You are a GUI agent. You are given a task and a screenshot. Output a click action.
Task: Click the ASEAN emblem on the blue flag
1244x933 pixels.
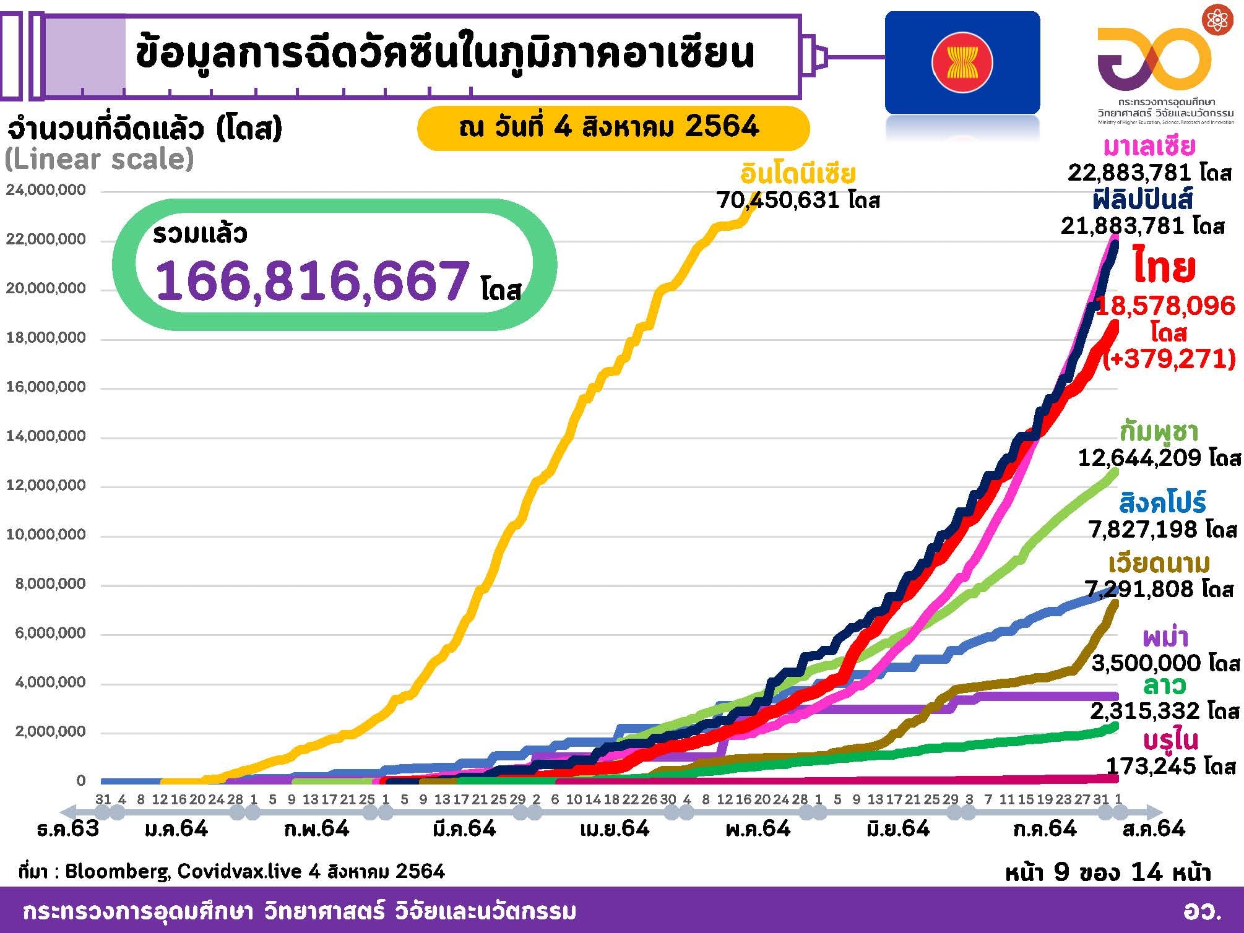click(x=962, y=62)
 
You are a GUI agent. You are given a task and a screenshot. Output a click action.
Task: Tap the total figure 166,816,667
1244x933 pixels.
click(x=313, y=280)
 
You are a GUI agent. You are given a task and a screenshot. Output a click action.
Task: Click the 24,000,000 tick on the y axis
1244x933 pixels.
click(x=46, y=190)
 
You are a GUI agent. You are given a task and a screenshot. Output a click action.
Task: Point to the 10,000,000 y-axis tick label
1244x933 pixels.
click(x=46, y=534)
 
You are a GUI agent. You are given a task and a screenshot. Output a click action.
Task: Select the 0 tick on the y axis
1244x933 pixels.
click(x=80, y=780)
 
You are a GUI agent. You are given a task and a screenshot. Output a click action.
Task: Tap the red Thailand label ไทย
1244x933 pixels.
click(x=1164, y=267)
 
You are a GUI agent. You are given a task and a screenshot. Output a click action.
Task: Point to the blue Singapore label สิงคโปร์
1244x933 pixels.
click(x=1163, y=502)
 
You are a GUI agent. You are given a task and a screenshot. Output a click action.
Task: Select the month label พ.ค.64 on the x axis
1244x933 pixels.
click(x=758, y=828)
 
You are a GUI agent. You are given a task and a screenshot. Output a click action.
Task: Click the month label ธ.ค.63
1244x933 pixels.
click(x=68, y=828)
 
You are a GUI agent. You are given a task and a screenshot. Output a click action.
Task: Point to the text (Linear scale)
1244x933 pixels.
click(x=99, y=160)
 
